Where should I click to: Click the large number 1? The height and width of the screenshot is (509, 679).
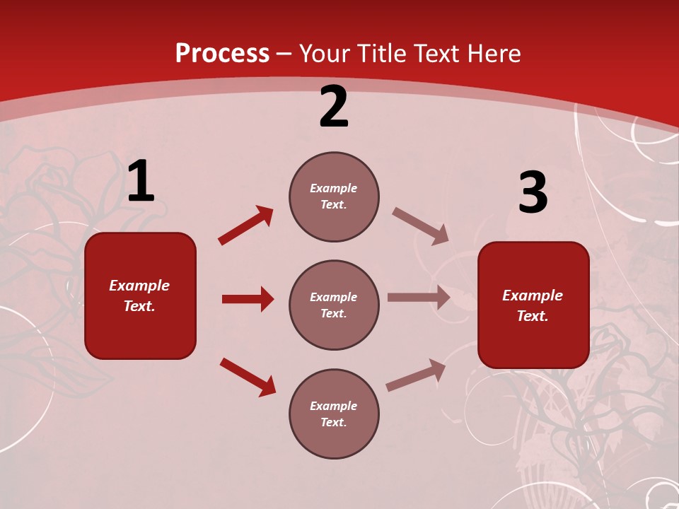[141, 182]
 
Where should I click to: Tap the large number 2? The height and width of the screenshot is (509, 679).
[334, 107]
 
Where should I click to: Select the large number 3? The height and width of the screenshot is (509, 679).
[533, 194]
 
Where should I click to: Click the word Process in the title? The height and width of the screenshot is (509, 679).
[222, 53]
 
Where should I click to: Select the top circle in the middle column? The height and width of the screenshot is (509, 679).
[334, 197]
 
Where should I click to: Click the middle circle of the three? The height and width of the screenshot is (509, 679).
[334, 305]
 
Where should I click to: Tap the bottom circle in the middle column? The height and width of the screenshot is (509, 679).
[334, 414]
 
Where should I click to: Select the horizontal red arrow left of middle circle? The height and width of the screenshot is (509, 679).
[248, 299]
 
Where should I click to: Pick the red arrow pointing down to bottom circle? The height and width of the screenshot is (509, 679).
[248, 377]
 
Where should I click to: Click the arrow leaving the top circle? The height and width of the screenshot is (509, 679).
[420, 226]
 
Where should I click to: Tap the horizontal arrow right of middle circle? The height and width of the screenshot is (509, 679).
[419, 298]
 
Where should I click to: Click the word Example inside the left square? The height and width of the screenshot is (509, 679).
[139, 286]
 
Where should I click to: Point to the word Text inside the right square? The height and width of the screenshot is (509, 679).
[532, 316]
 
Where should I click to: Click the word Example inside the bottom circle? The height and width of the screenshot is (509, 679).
[333, 406]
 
